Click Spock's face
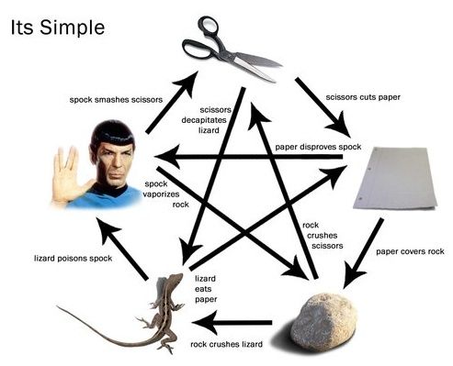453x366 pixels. pos(111,157)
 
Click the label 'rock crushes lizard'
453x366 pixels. pos(226,344)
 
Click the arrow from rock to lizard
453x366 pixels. pos(236,322)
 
